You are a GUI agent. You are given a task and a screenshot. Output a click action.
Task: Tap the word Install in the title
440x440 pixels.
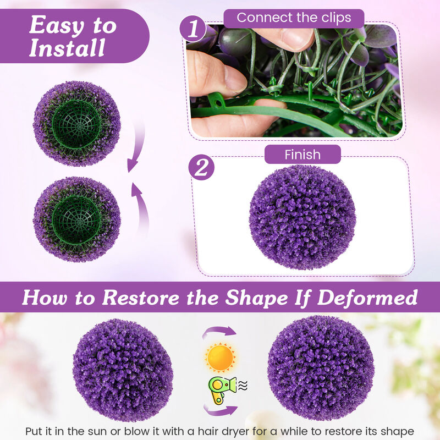coord(67,48)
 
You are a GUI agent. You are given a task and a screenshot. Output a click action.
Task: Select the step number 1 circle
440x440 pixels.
coord(193,29)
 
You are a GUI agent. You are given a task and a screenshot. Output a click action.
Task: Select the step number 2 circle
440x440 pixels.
coord(201,168)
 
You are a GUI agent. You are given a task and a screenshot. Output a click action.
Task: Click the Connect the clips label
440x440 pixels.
coord(294,18)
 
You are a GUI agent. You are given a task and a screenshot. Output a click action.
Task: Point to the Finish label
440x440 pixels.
coord(302,155)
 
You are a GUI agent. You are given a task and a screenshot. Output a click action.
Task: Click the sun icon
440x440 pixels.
coord(220,357)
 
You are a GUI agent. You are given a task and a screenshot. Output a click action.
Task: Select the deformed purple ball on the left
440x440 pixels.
coord(122,370)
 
